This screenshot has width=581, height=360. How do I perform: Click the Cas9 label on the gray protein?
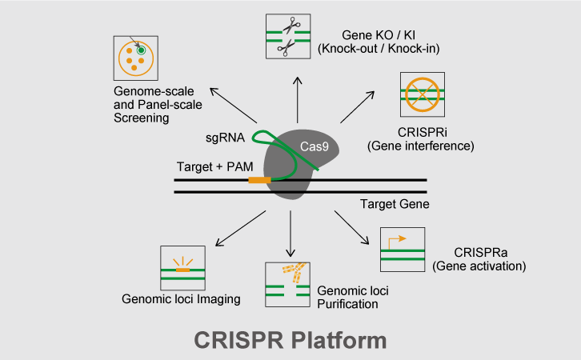tap(315, 146)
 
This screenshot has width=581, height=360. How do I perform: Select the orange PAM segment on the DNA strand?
tap(259, 180)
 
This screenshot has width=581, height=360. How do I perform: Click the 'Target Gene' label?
tap(395, 204)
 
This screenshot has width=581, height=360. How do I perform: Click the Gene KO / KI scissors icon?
tap(286, 37)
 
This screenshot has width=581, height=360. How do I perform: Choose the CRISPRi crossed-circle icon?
tap(422, 94)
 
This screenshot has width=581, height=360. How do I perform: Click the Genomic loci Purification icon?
tap(287, 285)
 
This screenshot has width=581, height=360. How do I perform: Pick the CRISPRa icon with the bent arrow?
tap(403, 249)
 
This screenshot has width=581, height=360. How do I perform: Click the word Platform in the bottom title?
tap(344, 339)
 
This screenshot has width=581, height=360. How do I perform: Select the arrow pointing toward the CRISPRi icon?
tap(357, 106)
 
